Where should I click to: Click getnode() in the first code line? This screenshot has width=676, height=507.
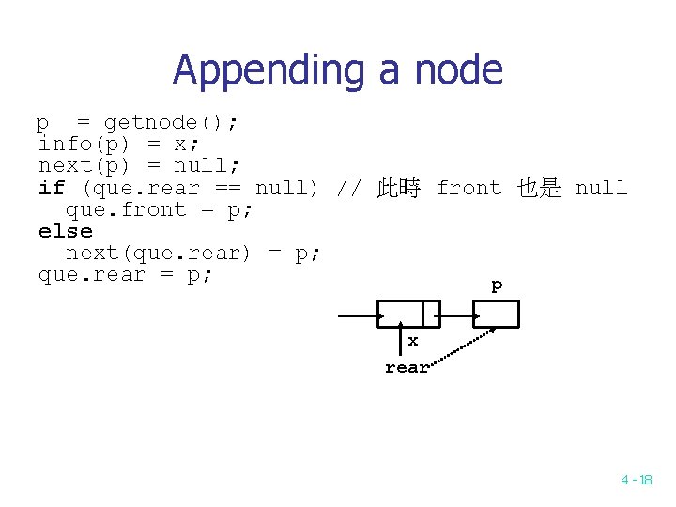coord(171,123)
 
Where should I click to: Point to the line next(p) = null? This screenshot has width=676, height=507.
coord(139,166)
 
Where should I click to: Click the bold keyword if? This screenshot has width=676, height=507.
coord(51,188)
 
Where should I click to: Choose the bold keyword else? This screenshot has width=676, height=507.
coord(65,231)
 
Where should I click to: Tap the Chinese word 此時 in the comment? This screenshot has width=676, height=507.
coord(398,188)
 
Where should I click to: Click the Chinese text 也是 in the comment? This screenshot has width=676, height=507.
coord(538,188)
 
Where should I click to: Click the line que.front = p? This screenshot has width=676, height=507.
coord(159,209)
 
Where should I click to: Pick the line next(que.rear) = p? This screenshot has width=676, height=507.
coord(192,253)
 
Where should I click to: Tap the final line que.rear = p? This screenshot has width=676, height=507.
coord(126,274)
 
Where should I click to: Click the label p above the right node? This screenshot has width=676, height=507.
coord(497,285)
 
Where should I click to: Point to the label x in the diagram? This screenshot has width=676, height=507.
coord(412,341)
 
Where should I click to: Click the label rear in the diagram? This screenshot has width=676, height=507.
coord(407,367)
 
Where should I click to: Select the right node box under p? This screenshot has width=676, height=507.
coord(496,314)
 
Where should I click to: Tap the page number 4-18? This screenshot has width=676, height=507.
coord(636,480)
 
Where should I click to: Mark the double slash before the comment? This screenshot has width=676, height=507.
coord(348,188)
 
